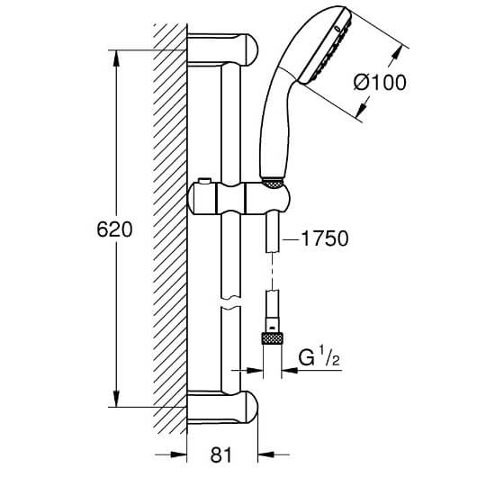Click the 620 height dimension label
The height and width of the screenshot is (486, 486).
coord(114,229)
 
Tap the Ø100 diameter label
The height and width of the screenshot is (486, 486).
coord(380,83)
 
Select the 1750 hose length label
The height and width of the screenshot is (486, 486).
coord(325,238)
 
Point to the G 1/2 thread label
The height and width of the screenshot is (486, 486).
coord(319,357)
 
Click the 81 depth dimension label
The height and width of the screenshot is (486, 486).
coord(220,455)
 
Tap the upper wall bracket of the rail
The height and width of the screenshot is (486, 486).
coord(222,49)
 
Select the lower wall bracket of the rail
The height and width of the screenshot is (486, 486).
coord(222,407)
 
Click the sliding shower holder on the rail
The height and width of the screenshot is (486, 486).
coord(239,198)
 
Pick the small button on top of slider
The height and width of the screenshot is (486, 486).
coord(205,181)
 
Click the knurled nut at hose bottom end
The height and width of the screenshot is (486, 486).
coord(273,338)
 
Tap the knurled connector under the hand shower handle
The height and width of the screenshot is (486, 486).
coord(273,183)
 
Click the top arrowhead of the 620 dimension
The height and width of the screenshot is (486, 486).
coord(116,58)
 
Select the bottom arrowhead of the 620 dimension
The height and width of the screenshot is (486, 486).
coord(116,399)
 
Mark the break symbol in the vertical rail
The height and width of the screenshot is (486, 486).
coord(230,301)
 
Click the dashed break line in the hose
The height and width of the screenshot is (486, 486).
coord(272,271)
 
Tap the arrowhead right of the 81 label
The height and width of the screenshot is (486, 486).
coord(266,454)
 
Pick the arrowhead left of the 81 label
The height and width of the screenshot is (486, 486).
coord(179,454)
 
